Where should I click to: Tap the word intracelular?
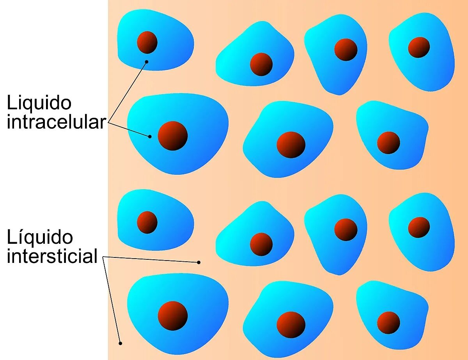pos(56,122)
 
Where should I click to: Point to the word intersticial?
pos(52,257)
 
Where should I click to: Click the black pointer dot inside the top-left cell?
pos(147,62)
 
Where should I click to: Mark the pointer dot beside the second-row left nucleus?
pos(150,137)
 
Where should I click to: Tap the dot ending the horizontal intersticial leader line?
pos(199,262)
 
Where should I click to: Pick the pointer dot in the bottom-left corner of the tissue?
pos(121,343)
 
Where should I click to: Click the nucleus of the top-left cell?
pos(147,42)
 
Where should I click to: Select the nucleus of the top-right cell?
pos(419,48)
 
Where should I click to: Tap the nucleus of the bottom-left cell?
pos(173,316)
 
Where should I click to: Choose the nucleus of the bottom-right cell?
pos(388,323)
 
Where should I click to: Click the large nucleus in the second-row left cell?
pos(173,136)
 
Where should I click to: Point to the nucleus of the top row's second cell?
pos(261,64)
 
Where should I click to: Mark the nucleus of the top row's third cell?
pos(346,50)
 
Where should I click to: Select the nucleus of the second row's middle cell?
pos(291,145)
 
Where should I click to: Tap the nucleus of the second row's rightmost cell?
pos(388,143)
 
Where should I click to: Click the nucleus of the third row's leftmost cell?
pos(147,222)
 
